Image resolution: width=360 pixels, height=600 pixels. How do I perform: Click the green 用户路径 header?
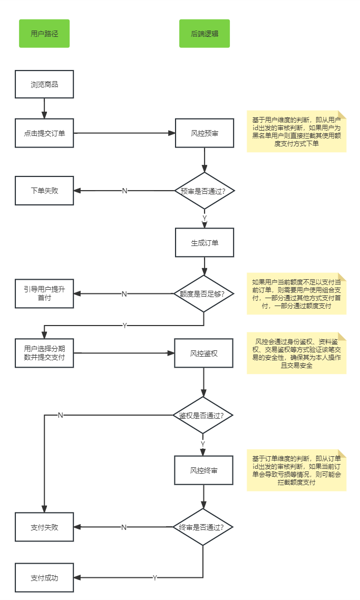(44, 34)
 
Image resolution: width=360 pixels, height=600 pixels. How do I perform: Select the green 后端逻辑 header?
(205, 34)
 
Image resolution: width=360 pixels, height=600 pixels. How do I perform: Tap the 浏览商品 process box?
(44, 84)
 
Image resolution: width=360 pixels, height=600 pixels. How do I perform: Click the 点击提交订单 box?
(44, 133)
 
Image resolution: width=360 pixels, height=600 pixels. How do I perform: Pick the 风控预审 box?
(205, 133)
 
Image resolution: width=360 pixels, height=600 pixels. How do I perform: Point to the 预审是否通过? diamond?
(205, 191)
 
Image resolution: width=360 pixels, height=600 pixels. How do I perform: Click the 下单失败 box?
(44, 191)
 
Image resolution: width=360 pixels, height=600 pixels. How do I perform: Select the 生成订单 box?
(205, 243)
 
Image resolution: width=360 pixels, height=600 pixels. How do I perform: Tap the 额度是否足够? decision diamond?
(204, 294)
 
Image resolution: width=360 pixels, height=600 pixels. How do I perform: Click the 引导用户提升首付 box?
(44, 293)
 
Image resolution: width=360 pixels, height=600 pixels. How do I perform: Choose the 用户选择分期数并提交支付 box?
(44, 353)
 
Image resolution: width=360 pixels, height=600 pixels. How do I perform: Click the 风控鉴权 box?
(204, 353)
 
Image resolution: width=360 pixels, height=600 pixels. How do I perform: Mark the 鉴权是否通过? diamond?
(203, 415)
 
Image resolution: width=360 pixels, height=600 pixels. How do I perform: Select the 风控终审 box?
(204, 470)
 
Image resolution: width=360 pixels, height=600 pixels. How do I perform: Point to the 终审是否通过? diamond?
(203, 527)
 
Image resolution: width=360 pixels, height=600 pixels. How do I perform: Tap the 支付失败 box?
(44, 527)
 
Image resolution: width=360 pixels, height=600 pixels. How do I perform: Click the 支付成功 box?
(44, 577)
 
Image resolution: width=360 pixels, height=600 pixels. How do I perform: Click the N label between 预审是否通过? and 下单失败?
(124, 191)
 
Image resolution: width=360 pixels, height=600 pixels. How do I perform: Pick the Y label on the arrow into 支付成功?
(155, 578)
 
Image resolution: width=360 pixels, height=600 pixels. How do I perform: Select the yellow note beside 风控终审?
(296, 470)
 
